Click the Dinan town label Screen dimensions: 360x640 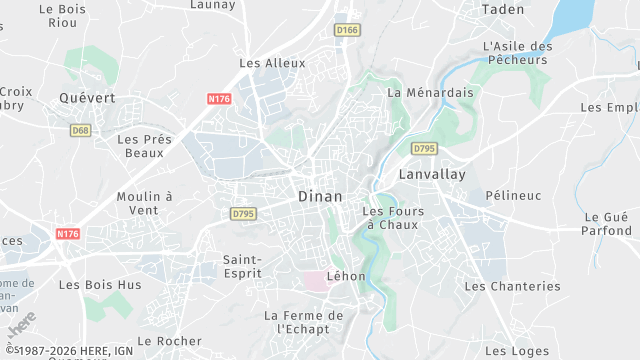coord(320,197)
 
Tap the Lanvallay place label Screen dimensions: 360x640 coord(434,173)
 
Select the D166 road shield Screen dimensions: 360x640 coord(347,30)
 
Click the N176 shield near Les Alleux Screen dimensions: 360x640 coord(220,98)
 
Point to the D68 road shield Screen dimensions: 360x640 coord(81,130)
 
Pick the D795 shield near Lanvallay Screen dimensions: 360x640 coord(424,149)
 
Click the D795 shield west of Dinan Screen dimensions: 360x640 coord(243,213)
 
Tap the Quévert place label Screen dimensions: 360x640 coord(87,98)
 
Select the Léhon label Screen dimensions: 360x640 coord(347,276)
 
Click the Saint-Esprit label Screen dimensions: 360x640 coord(242,265)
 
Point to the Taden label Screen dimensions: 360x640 coord(502,9)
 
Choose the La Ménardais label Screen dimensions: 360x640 coord(429,93)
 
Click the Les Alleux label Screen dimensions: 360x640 coord(272,63)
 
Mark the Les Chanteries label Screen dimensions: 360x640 coord(512,286)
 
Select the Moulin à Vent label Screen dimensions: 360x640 coord(144,203)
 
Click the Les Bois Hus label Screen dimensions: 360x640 coord(100,285)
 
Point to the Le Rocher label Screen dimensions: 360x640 coord(170,341)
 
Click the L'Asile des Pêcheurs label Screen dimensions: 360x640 coord(516,53)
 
